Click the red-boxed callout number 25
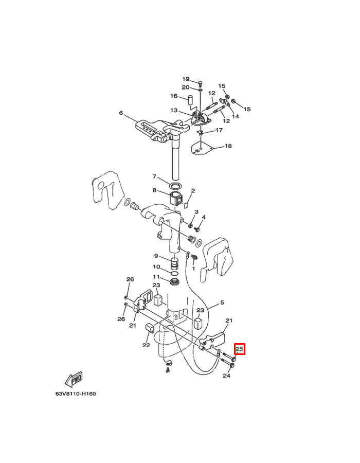(239, 349)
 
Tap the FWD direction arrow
(74, 380)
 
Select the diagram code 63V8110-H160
(76, 394)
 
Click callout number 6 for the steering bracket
(121, 113)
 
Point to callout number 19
(186, 79)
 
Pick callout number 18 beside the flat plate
(228, 146)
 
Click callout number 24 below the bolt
(226, 376)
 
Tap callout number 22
(146, 345)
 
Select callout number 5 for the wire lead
(222, 302)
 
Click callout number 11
(156, 277)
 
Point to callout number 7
(154, 176)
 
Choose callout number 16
(174, 96)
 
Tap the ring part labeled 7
(175, 186)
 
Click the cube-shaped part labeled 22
(150, 328)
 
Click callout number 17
(219, 130)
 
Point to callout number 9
(156, 256)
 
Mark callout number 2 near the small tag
(193, 191)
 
